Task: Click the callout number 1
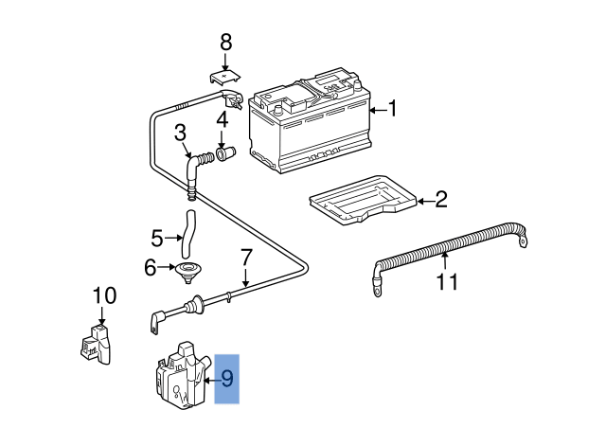pos(393,111)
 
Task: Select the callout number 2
pos(440,200)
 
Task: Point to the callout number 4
pos(223,120)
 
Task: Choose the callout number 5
pos(158,237)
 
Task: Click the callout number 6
pos(151,268)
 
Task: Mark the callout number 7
pos(245,257)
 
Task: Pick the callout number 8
pos(225,42)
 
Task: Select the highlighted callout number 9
pos(227,380)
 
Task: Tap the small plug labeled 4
pos(225,152)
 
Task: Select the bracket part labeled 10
pos(95,342)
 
